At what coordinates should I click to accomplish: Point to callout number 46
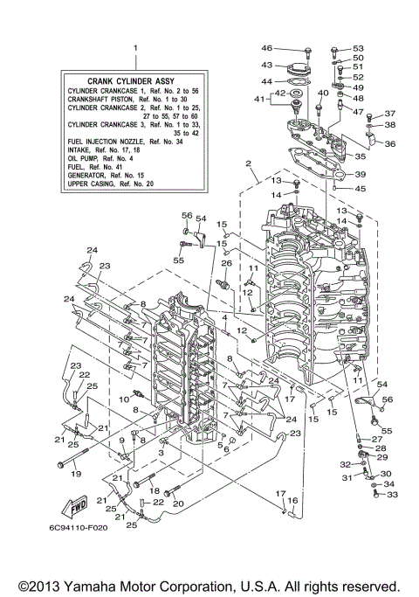pos(267,47)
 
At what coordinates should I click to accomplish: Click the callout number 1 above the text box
pos(134,47)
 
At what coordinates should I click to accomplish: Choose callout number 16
pos(293,500)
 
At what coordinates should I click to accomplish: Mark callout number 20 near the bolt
pos(180,503)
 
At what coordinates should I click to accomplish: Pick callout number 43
pos(267,65)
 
